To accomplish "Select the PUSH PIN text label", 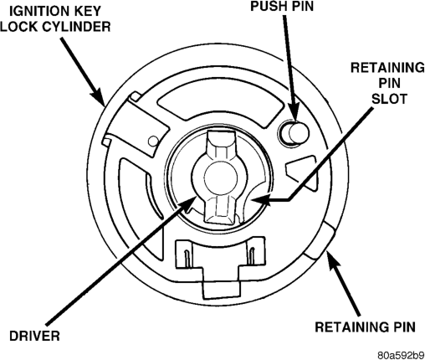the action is point(282,6).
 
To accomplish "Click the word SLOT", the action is point(390,99).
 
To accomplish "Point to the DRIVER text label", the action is point(34,336).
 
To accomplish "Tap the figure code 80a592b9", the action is point(401,355).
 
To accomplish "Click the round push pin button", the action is point(295,132).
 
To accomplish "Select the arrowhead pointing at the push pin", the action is point(294,111).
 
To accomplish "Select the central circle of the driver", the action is point(220,177).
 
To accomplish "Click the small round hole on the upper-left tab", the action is point(153,141).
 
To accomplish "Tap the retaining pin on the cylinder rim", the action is point(320,240).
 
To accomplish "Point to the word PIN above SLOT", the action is point(390,83).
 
